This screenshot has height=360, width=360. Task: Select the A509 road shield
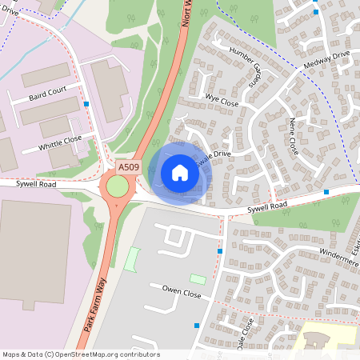pos(128,167)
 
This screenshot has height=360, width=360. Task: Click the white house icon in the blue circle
pos(179,173)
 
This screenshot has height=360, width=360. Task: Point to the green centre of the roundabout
pos(118,186)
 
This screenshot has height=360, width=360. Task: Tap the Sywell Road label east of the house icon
pos(266,206)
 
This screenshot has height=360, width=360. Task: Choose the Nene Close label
pos(293,138)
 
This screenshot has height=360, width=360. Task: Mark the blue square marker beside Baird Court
pos(86,104)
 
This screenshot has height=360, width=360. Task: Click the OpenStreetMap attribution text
pos(81,354)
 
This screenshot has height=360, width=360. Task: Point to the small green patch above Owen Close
pos(197,278)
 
